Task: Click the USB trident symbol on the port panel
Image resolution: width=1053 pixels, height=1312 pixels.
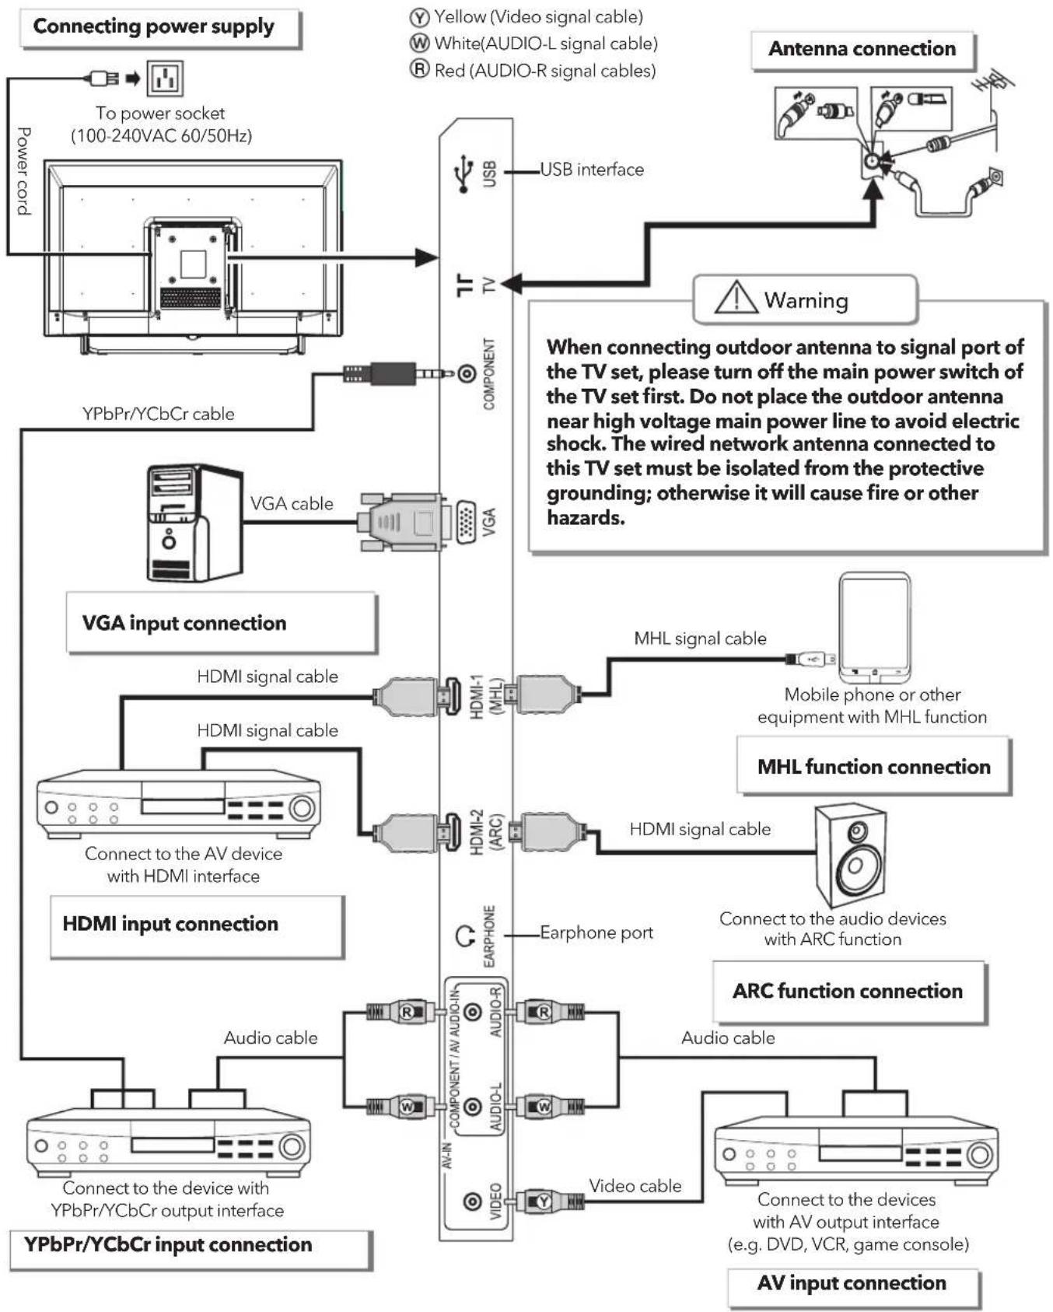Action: (464, 173)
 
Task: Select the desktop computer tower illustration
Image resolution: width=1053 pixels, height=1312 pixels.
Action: (194, 523)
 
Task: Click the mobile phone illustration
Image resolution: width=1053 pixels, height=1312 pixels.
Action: (874, 627)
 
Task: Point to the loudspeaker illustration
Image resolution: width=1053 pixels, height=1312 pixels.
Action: (851, 855)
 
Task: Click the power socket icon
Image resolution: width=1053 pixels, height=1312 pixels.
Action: (164, 78)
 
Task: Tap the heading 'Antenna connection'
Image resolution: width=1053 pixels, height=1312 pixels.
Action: (862, 49)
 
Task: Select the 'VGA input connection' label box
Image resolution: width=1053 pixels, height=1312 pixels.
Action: (221, 622)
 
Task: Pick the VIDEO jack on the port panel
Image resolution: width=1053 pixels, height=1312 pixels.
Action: (472, 1202)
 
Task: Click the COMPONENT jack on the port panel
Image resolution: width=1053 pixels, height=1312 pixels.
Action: (467, 374)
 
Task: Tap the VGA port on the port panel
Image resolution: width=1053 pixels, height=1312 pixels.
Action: (466, 521)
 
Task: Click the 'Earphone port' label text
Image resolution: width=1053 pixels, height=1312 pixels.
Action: (596, 932)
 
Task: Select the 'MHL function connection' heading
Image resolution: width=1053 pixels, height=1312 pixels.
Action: (874, 767)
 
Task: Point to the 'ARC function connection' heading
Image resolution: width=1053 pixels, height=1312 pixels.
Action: (848, 991)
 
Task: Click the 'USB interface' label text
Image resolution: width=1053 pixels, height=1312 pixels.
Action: (592, 170)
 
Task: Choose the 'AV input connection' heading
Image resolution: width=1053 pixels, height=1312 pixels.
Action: (852, 1282)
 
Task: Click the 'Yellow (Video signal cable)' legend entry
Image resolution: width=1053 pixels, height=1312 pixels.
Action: (526, 16)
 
